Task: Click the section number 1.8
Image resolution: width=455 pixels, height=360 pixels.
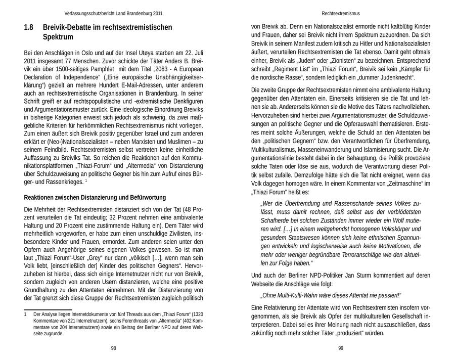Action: [29, 27]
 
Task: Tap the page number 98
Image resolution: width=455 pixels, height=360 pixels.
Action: [113, 348]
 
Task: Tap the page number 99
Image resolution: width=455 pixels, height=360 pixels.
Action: [341, 348]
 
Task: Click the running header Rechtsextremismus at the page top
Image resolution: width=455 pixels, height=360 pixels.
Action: [341, 14]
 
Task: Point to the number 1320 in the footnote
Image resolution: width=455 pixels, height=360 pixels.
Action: [196, 314]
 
